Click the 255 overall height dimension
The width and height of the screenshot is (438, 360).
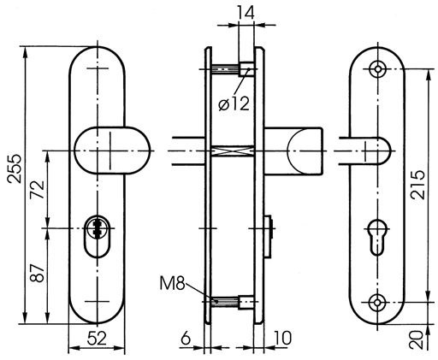tap(15, 168)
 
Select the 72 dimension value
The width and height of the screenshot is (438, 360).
tap(38, 190)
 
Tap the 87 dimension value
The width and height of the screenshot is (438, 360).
tap(38, 273)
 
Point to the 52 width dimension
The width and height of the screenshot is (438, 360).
tap(97, 339)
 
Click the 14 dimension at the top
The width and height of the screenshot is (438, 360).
tap(246, 13)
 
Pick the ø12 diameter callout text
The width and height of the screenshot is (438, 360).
tap(234, 103)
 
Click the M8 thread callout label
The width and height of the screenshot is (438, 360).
tap(172, 284)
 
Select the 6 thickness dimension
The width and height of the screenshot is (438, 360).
tap(186, 339)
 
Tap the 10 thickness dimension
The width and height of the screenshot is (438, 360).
tap(282, 339)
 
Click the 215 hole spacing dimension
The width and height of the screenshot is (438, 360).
tap(417, 185)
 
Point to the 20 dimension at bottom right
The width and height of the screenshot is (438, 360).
tap(416, 340)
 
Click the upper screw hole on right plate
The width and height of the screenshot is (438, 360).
tap(378, 69)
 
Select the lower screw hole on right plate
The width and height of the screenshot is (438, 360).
tap(377, 302)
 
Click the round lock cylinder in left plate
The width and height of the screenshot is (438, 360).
tap(98, 227)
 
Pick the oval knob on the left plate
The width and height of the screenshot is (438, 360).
tap(112, 150)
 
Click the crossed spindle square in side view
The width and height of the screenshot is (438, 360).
tap(233, 150)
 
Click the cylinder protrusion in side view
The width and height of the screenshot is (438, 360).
tap(269, 236)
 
